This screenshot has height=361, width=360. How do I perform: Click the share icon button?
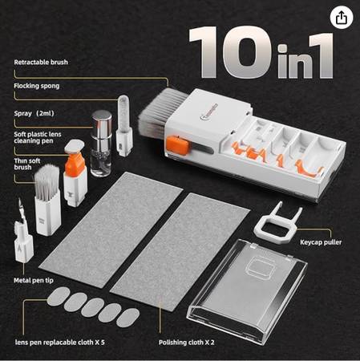tap(342, 18)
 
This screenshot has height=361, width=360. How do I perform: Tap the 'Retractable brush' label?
tap(41, 63)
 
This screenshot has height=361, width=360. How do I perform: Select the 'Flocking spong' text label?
tap(37, 86)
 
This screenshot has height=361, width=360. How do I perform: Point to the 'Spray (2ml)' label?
tap(34, 113)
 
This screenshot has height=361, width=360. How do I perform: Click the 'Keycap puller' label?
tap(321, 242)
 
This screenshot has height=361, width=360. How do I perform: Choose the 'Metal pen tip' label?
tap(34, 281)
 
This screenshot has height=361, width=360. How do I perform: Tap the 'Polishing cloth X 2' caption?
tap(186, 343)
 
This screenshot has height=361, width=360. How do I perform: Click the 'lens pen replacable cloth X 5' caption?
tap(59, 343)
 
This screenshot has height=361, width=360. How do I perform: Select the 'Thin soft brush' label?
tap(27, 164)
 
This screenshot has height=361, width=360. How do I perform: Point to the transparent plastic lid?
tap(247, 290)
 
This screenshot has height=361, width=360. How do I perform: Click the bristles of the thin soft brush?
tap(47, 179)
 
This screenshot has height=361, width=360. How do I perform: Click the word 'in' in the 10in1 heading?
tap(291, 61)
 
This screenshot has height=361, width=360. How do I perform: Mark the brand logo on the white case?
tap(209, 112)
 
